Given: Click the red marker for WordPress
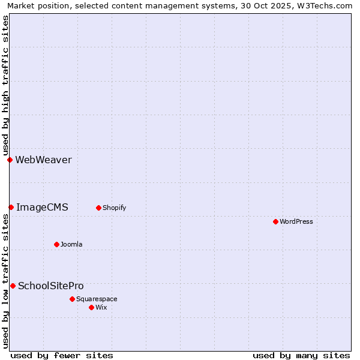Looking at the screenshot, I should (x=275, y=221).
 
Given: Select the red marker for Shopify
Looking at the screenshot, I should (x=98, y=208).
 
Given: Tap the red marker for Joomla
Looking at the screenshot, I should (x=56, y=244).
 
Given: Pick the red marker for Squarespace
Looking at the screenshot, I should (x=72, y=299).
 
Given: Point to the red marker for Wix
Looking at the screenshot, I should (x=91, y=307).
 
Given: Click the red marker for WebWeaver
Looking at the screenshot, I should (x=10, y=160).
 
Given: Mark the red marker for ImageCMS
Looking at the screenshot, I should (x=11, y=207).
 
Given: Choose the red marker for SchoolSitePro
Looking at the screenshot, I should (x=13, y=286).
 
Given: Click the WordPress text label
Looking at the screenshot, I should (x=296, y=221).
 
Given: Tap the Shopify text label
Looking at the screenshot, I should (x=114, y=208).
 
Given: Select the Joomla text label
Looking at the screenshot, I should (x=71, y=244).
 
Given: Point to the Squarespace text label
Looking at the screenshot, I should (x=97, y=299).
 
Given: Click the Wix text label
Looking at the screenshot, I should (x=101, y=307).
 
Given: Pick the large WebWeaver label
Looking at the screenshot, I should (x=43, y=160).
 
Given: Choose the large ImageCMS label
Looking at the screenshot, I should (x=42, y=207).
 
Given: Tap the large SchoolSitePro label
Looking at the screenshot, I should (x=51, y=286).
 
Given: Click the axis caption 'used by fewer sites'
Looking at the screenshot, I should (x=62, y=355).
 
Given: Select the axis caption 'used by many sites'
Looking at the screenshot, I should (x=301, y=355).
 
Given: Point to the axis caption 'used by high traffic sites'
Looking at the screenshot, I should (x=6, y=84).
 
